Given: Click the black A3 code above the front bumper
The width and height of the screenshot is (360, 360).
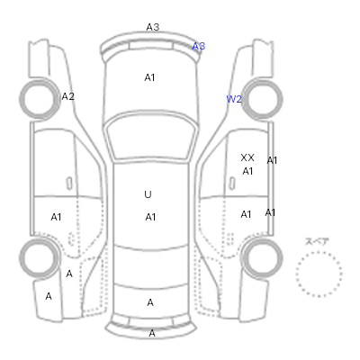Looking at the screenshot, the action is click(x=153, y=27).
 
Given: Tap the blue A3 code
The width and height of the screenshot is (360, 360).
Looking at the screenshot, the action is click(x=198, y=46).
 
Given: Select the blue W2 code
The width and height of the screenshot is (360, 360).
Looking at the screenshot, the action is click(x=234, y=99).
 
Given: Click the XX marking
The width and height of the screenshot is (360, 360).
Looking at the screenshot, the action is click(x=247, y=157).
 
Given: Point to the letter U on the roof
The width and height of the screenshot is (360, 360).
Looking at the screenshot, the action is click(x=148, y=194).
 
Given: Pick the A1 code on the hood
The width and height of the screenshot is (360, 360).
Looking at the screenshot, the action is click(x=149, y=77).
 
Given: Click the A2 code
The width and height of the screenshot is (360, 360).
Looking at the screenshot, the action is click(x=67, y=96).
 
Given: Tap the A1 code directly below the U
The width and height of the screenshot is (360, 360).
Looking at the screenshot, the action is click(x=150, y=217).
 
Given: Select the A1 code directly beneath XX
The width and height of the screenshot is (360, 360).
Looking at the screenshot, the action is click(x=247, y=171).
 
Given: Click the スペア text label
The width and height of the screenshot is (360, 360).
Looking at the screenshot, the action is click(x=317, y=241).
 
